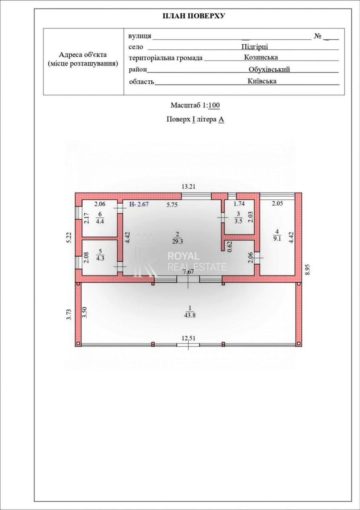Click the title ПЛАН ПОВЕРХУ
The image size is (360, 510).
click(194, 16)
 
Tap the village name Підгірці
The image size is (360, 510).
click(255, 47)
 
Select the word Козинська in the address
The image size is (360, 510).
click(261, 57)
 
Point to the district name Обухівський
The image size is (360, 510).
click(269, 69)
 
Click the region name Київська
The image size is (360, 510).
click(262, 81)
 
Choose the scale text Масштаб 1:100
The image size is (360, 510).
click(195, 105)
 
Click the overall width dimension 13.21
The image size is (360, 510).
click(188, 187)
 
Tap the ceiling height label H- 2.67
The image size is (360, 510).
click(139, 204)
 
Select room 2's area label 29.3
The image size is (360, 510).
click(178, 241)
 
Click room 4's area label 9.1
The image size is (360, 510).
click(277, 239)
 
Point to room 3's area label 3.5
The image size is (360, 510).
click(238, 221)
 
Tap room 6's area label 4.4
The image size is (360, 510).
click(100, 221)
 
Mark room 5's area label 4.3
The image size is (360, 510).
click(100, 258)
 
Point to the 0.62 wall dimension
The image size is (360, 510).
click(230, 246)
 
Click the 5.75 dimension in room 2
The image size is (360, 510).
click(172, 205)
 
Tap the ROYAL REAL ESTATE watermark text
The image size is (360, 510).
click(197, 261)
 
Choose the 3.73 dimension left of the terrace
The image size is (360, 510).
click(69, 314)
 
